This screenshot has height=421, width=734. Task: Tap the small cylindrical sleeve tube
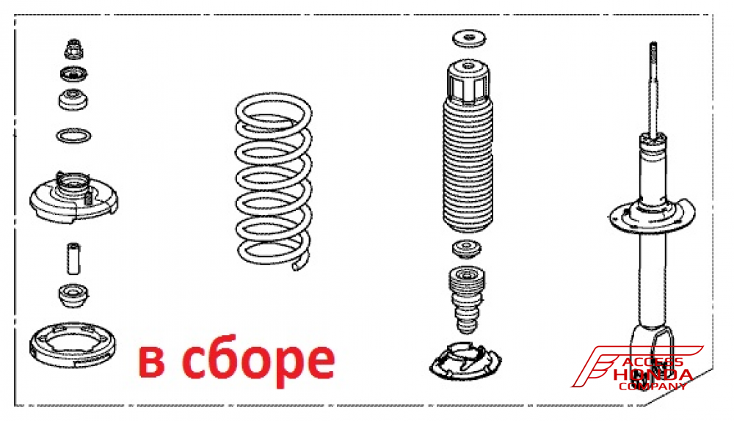point(73,258)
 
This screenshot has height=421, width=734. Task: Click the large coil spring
point(274,181)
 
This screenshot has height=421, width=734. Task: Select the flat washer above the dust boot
point(468,38)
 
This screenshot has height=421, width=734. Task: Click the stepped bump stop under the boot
point(467,299)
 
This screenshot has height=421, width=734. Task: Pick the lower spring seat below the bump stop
point(465,362)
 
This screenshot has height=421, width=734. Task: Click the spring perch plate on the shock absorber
point(652,215)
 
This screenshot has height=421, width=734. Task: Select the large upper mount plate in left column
point(73,197)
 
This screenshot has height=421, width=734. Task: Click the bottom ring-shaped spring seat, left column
point(73,345)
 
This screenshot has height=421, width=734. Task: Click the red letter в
point(152,362)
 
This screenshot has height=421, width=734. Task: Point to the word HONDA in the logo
point(653,375)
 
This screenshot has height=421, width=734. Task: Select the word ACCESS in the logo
point(653,362)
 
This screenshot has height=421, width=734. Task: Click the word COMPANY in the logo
point(653,387)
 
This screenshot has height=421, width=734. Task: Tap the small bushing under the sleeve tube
point(73,295)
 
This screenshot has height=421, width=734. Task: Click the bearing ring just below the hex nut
point(73,73)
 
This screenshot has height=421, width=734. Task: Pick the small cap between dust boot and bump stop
point(467,249)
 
